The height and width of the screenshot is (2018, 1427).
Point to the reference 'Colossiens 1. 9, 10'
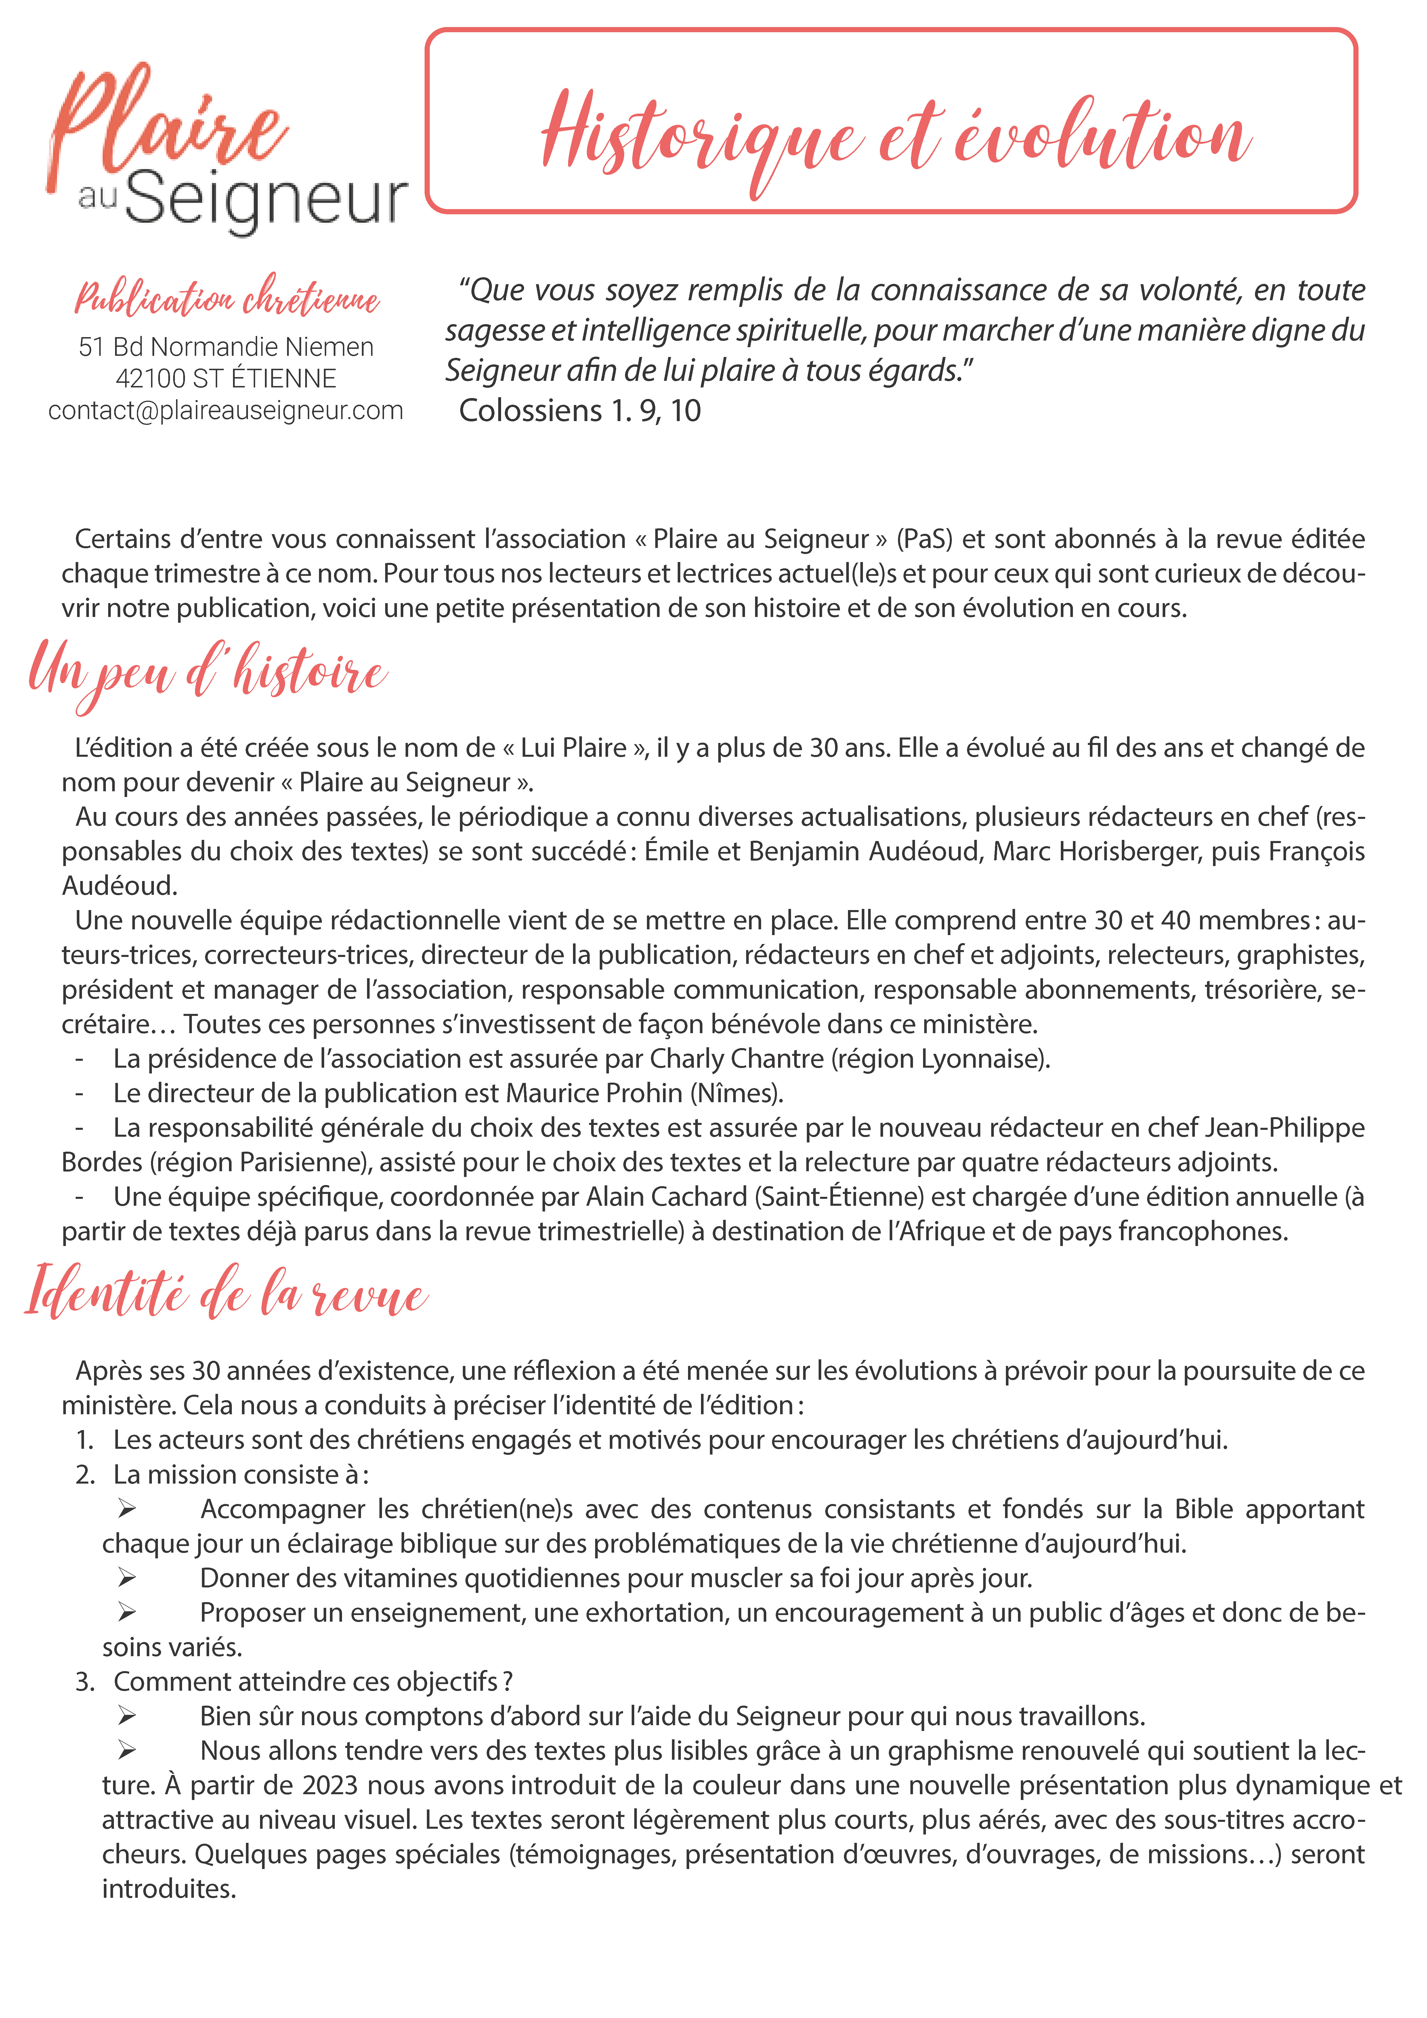(x=579, y=410)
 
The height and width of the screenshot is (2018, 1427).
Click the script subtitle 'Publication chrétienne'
(x=227, y=299)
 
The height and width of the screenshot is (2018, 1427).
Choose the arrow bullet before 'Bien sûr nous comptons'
(x=127, y=1717)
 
